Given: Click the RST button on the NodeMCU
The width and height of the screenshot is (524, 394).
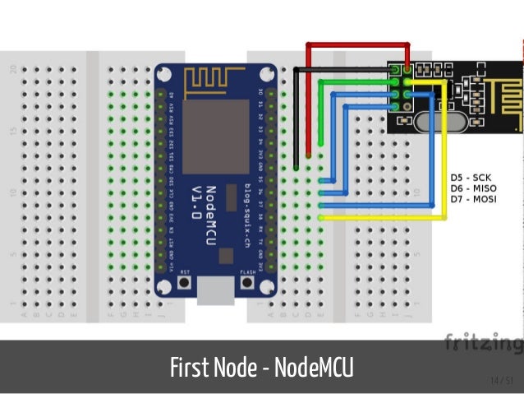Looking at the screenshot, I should point(184,282).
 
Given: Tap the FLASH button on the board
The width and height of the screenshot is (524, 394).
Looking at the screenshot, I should point(247,282).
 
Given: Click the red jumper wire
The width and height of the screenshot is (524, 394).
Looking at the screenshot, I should point(308,99).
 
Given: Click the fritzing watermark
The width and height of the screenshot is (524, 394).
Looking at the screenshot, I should point(483,341).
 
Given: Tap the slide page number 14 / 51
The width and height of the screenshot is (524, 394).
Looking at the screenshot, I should point(500,379).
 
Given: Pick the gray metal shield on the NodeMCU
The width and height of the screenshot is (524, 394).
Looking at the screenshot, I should point(215,131).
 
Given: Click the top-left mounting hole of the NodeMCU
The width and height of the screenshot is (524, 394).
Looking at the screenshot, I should point(164,75).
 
